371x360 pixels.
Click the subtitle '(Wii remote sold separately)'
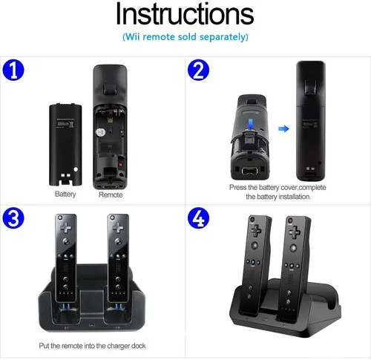click(185, 36)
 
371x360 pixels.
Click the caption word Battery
click(65, 194)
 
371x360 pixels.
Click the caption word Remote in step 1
click(111, 194)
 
